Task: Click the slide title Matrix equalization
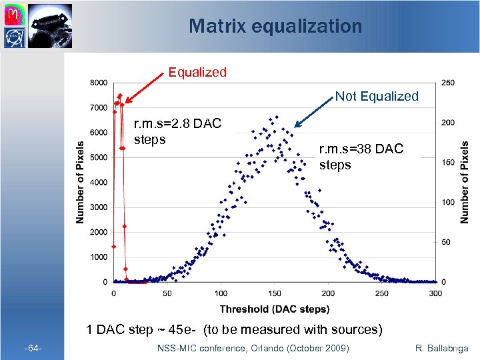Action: [275, 26]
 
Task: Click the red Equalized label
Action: [197, 72]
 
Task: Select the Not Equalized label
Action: [377, 97]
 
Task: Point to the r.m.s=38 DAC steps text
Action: [361, 157]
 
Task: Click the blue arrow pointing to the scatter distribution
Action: [314, 113]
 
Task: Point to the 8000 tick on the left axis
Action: [98, 83]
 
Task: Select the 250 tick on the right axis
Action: [449, 83]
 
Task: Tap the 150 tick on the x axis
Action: [275, 293]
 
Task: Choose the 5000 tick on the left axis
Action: [98, 157]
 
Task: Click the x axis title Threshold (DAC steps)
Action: [275, 309]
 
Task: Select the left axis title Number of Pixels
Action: [79, 181]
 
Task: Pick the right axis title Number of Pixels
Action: [465, 181]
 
